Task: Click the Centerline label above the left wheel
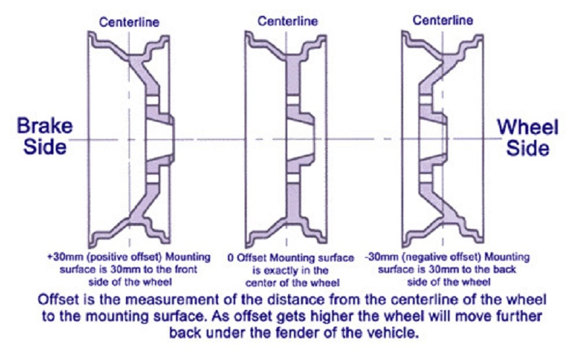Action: coord(130,21)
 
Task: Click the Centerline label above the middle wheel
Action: coord(287,21)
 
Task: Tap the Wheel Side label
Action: coord(528,135)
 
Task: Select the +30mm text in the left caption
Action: coord(60,256)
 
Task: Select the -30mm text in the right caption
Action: coord(382,256)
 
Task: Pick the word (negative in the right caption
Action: coord(420,256)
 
